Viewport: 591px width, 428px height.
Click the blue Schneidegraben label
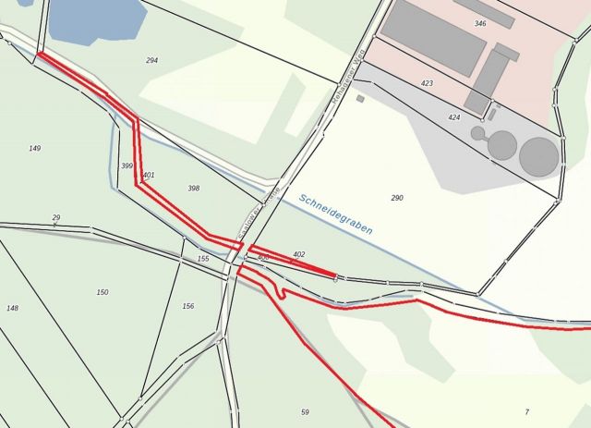point(336,214)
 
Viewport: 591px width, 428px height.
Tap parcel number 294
point(151,60)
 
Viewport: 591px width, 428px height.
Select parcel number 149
point(35,148)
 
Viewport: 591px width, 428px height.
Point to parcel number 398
point(193,188)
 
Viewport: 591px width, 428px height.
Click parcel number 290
point(397,198)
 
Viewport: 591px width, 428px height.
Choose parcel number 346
point(480,23)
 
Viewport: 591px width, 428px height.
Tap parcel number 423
point(427,83)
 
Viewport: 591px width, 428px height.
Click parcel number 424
point(453,117)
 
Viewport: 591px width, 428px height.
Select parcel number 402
point(298,253)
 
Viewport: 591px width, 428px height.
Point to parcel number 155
point(203,259)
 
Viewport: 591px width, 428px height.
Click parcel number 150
point(103,292)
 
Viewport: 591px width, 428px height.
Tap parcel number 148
point(12,308)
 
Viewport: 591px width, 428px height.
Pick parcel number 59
point(305,411)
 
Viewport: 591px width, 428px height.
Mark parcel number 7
point(527,411)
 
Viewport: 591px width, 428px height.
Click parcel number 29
point(56,217)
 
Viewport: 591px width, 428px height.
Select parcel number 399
point(127,165)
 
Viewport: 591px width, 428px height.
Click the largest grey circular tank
point(539,155)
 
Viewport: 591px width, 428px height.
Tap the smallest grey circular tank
point(477,133)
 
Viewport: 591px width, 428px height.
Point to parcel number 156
point(188,306)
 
